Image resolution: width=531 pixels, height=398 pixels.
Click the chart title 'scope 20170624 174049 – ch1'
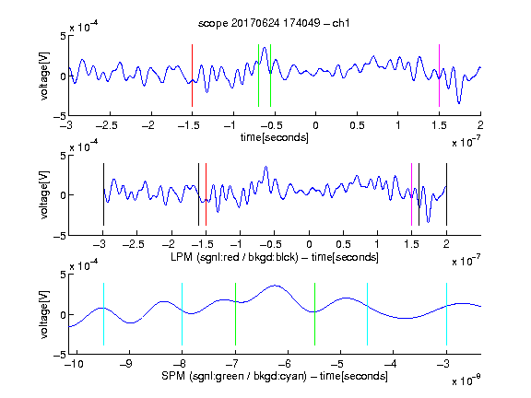pyautogui.click(x=274, y=23)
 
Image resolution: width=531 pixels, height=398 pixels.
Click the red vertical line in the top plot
pyautogui.click(x=192, y=76)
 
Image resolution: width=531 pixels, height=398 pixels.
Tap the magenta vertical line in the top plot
pyautogui.click(x=439, y=76)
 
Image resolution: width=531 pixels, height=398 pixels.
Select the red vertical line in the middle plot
pyautogui.click(x=206, y=194)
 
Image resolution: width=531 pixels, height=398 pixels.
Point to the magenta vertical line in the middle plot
pyautogui.click(x=411, y=194)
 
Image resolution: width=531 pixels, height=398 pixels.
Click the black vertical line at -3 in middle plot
pyautogui.click(x=103, y=194)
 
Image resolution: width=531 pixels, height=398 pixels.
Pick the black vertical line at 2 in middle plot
pyautogui.click(x=446, y=194)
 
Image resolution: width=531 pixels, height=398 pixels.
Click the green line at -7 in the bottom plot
pyautogui.click(x=235, y=314)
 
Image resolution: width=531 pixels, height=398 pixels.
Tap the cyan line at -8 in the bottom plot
pyautogui.click(x=183, y=314)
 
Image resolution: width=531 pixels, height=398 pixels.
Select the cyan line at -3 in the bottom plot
pyautogui.click(x=446, y=314)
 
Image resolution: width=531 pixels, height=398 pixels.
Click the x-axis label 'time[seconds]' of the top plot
pyautogui.click(x=275, y=137)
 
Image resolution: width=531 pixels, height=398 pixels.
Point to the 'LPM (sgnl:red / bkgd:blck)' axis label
pyautogui.click(x=234, y=257)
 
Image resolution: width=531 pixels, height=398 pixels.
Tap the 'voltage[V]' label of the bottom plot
pyautogui.click(x=44, y=314)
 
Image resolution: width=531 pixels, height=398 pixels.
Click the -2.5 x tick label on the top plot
pyautogui.click(x=106, y=126)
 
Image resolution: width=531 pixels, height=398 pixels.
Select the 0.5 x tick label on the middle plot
pyautogui.click(x=343, y=244)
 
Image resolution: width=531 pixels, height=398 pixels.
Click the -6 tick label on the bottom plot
pyautogui.click(x=286, y=364)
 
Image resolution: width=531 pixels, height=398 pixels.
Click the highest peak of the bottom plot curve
pyautogui.click(x=276, y=286)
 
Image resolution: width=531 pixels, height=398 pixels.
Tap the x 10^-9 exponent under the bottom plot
pyautogui.click(x=466, y=380)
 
